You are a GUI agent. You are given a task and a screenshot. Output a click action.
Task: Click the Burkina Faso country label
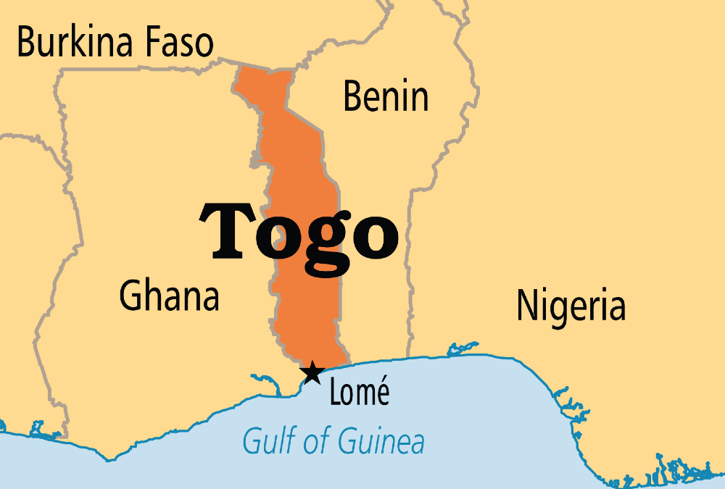(115, 43)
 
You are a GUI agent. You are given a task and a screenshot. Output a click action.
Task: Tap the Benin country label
(386, 96)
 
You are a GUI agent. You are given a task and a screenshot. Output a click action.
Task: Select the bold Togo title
(304, 232)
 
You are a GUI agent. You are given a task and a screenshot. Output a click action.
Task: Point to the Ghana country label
(169, 296)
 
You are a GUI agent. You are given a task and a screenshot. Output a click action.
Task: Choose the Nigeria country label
(571, 306)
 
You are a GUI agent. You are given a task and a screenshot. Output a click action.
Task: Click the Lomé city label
(360, 393)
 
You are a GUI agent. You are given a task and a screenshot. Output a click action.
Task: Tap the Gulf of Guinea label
(333, 440)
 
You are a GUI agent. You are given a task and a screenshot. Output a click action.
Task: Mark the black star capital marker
(312, 373)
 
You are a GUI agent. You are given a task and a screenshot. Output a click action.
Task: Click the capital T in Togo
(234, 230)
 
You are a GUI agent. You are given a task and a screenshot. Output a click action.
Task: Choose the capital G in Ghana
(131, 296)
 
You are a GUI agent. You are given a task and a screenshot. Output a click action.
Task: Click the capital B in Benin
(353, 96)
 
